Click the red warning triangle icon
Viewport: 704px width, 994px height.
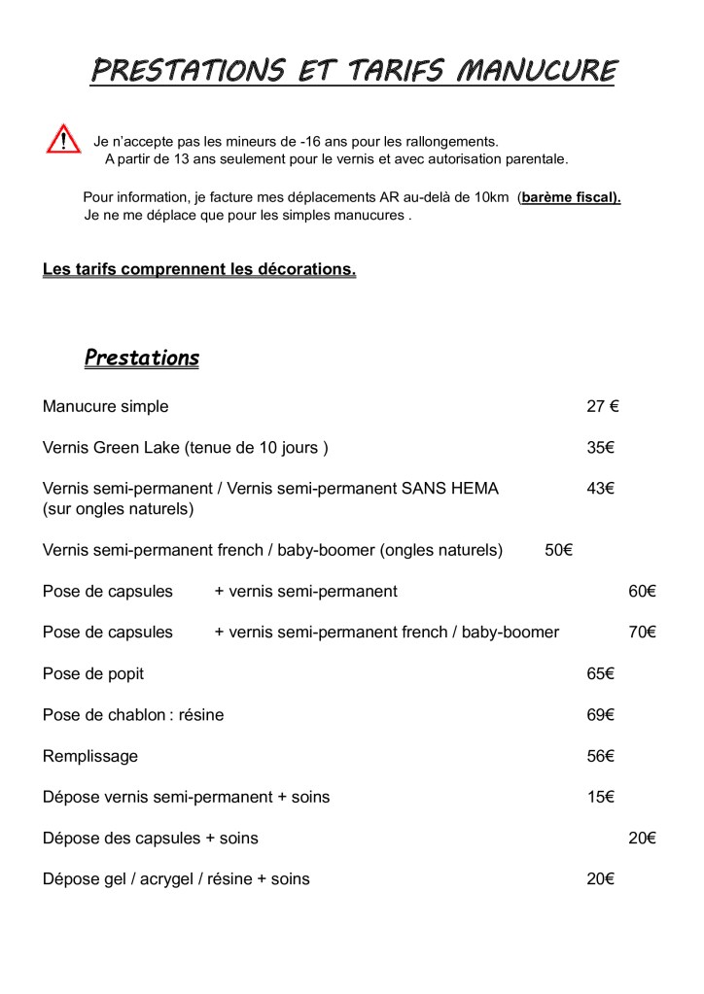[63, 140]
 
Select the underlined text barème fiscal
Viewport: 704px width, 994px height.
[571, 197]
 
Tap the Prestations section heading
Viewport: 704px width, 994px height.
[142, 358]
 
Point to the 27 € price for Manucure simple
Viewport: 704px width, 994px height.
[603, 406]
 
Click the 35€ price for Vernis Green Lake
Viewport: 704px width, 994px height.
[601, 448]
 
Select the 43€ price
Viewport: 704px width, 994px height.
[601, 489]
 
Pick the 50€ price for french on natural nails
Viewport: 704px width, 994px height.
[558, 550]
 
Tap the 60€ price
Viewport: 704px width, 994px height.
[642, 591]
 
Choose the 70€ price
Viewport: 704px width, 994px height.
[642, 632]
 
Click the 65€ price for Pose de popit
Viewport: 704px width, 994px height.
[601, 673]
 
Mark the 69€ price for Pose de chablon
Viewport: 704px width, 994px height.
[601, 715]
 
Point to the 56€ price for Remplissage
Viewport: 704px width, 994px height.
[601, 756]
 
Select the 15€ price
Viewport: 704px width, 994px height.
[601, 797]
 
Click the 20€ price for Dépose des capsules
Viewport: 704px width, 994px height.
[642, 838]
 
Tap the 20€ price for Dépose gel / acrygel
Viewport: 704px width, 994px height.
[601, 878]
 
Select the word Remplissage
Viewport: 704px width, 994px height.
[90, 756]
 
